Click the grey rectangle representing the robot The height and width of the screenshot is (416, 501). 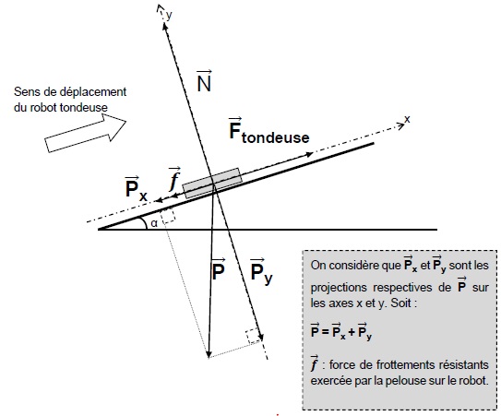tap(212, 183)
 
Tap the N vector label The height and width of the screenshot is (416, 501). tap(204, 81)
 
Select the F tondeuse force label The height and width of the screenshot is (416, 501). tap(269, 131)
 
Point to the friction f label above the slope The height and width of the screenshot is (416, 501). tap(174, 179)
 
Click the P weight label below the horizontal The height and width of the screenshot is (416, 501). tap(219, 269)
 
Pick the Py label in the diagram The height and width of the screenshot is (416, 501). tap(261, 271)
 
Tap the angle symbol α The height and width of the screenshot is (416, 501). tap(154, 223)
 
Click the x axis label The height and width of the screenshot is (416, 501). tap(407, 119)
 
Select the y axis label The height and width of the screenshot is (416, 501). tap(170, 15)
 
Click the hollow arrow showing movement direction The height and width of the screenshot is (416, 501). tap(85, 133)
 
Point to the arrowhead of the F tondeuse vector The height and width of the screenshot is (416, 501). tap(309, 155)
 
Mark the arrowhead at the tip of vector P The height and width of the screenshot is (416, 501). tap(209, 354)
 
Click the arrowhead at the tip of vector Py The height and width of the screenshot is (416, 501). tap(261, 338)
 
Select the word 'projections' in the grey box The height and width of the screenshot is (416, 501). tap(338, 288)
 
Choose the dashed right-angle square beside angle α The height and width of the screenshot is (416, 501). tap(168, 215)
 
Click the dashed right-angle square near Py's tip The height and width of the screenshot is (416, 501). tap(253, 336)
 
